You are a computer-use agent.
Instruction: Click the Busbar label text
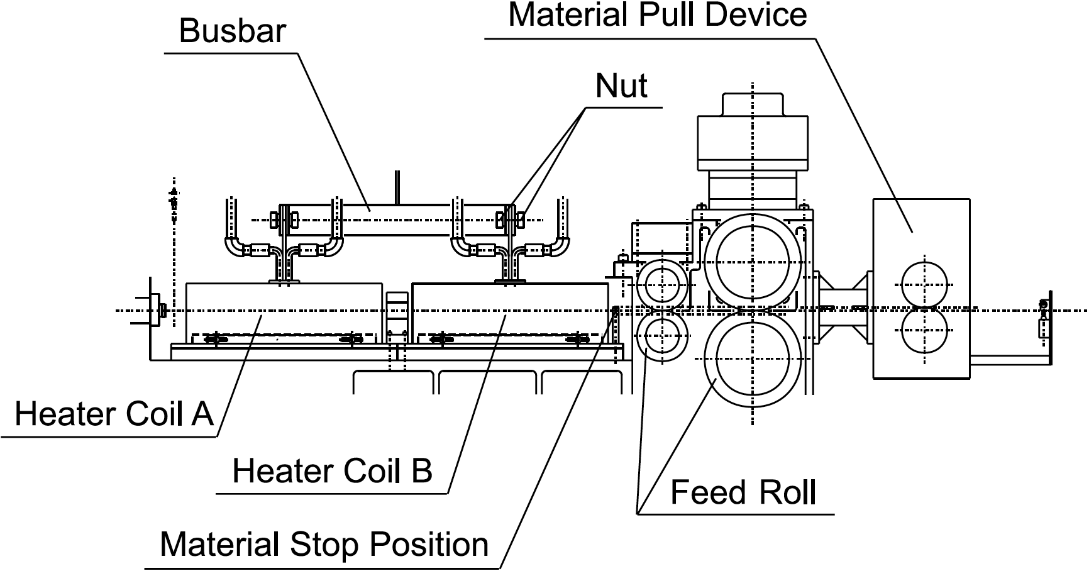[x=233, y=31]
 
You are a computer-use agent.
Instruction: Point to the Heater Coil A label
[x=114, y=414]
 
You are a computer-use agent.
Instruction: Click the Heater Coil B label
[x=332, y=470]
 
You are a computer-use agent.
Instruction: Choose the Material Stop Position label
[x=324, y=544]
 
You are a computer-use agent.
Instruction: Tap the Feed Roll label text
[x=743, y=492]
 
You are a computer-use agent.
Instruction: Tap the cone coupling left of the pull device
[x=843, y=308]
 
